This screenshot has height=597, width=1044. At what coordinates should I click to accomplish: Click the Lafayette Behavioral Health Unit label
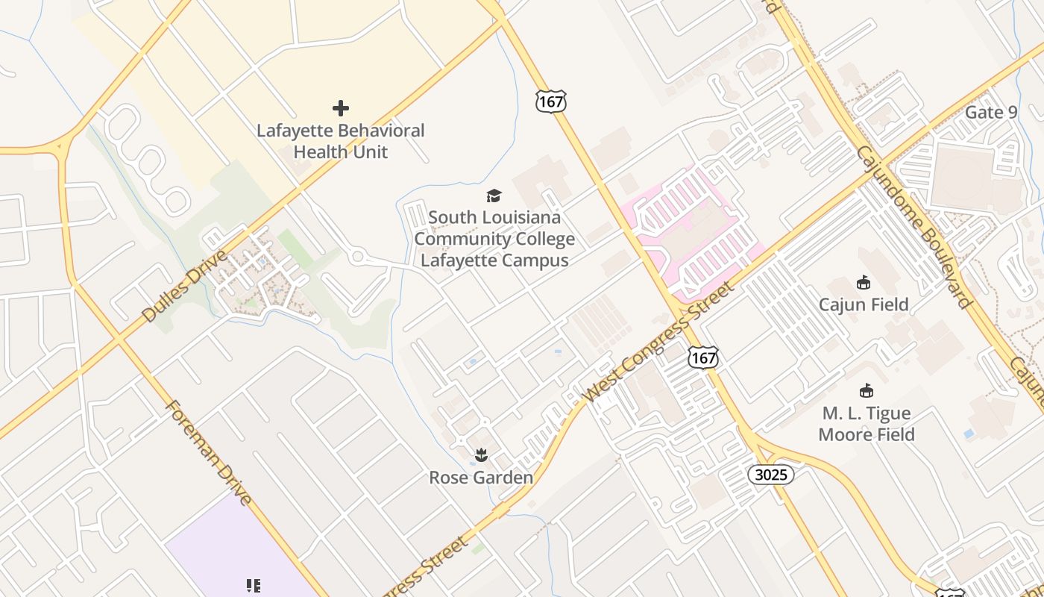point(341,141)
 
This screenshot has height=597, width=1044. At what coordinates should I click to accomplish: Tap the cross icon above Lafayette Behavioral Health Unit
point(341,108)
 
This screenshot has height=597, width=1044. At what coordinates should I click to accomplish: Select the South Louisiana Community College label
point(494,239)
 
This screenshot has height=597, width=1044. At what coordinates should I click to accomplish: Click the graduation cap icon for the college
point(494,196)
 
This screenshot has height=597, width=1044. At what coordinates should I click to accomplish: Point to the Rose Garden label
point(481,478)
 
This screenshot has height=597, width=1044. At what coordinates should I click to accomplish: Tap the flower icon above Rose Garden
point(482,454)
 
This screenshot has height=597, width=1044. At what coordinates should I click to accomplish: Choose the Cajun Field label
point(864,304)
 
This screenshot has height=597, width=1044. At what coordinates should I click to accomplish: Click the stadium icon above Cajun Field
point(864,282)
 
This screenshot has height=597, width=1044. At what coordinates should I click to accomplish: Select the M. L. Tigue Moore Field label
point(867,424)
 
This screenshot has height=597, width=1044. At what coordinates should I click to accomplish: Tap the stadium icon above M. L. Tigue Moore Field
point(867,390)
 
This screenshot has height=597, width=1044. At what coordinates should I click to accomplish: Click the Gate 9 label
point(991,112)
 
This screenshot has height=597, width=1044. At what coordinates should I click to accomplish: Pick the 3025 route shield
point(771,475)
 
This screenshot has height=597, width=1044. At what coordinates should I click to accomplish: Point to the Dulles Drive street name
point(183,287)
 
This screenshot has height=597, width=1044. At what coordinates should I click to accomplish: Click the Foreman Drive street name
point(208,453)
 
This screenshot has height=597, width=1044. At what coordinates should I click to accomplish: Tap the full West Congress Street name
point(660,341)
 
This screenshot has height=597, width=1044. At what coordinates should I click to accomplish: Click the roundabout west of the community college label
point(358,257)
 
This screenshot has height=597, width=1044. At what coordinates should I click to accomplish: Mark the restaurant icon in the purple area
point(253,586)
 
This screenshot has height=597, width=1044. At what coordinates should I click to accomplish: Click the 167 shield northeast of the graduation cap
point(550,101)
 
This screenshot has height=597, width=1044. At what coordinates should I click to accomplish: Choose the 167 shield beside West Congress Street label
point(703,357)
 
